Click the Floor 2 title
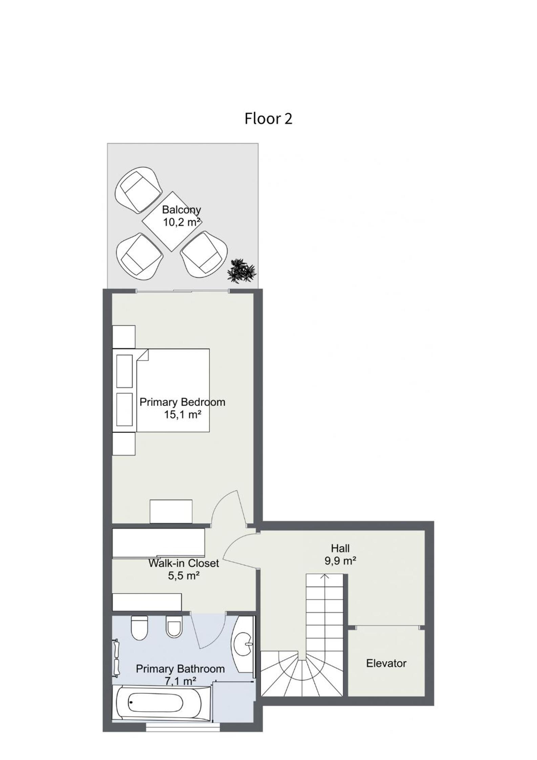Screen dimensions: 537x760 coord(268,119)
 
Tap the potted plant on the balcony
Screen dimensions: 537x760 coord(242,271)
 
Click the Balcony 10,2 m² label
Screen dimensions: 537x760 coord(181,216)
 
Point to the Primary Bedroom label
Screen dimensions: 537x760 coord(182,402)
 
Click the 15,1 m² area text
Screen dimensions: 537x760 coord(183,414)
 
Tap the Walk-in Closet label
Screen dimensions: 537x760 coord(184,563)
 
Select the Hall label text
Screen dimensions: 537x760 coord(340,548)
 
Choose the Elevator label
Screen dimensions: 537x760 coord(386,663)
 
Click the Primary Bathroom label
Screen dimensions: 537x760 coord(180,669)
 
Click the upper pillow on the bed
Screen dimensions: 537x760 coord(124,371)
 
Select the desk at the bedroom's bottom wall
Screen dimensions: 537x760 coord(171,512)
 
